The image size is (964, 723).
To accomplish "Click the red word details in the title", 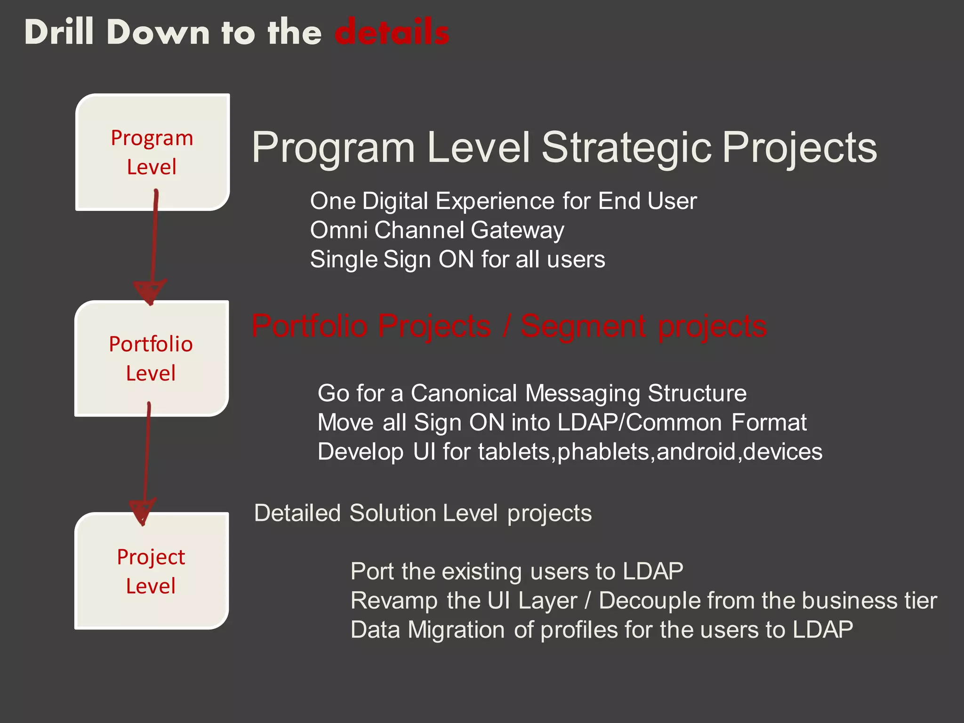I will click(x=392, y=32).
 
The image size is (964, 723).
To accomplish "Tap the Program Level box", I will click(x=152, y=152).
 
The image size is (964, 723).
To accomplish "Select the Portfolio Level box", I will click(x=151, y=358).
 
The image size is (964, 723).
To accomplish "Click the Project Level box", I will click(x=151, y=571).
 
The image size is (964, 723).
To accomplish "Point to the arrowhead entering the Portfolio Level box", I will click(x=150, y=292).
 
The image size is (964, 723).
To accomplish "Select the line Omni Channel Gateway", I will click(x=437, y=230).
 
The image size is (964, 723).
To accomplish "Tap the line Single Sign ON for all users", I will click(x=458, y=259).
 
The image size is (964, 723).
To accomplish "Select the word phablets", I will click(x=603, y=452).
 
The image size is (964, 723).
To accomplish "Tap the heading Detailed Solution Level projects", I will click(x=423, y=513).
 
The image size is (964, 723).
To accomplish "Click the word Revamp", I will click(x=394, y=601).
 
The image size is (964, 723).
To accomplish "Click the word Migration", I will click(x=456, y=630).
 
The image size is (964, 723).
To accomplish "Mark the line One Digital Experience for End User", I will click(x=503, y=201).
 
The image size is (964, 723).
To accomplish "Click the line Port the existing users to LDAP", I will click(x=516, y=571).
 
